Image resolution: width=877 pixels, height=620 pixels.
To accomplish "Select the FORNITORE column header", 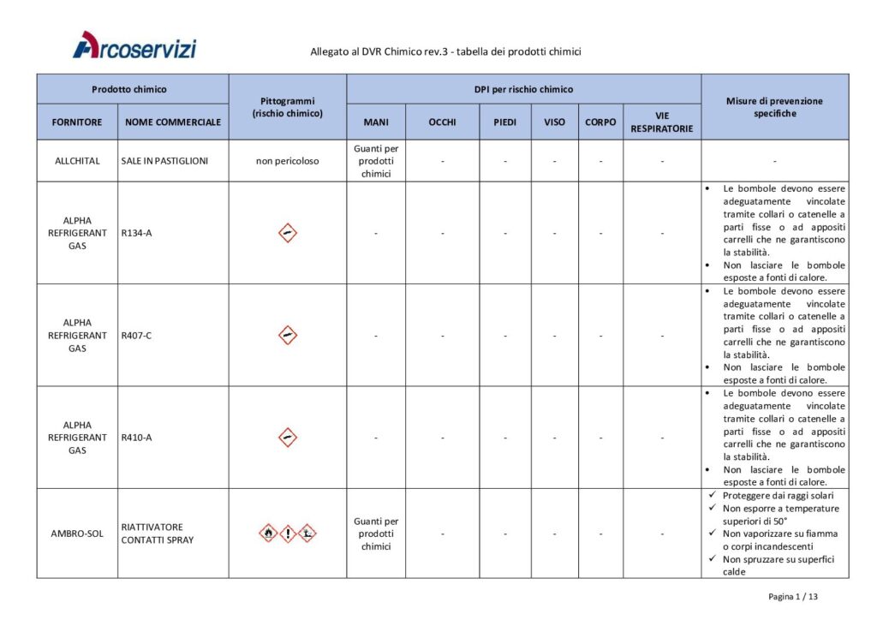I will [77, 122].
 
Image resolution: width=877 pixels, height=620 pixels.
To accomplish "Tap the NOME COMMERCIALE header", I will [173, 122].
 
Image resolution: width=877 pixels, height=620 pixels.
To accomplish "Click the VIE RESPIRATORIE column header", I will [662, 122].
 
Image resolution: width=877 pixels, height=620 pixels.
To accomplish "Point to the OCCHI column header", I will [442, 122].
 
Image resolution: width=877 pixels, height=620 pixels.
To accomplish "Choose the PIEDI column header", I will [504, 122].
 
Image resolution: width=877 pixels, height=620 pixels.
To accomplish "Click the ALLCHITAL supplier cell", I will [77, 161].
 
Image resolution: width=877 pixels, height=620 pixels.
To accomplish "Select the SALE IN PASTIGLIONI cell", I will [164, 161].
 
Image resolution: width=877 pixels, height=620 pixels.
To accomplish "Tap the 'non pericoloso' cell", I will [287, 161].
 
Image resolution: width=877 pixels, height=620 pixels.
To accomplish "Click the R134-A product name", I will [136, 233].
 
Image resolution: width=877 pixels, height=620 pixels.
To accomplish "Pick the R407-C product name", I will [137, 335].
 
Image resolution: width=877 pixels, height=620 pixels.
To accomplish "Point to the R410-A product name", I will [137, 437].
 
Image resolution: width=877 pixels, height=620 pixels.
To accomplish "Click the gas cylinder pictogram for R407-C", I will [288, 335].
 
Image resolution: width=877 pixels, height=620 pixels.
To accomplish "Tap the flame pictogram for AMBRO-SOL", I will [269, 533].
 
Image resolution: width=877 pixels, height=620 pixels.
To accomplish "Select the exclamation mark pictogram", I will [288, 533].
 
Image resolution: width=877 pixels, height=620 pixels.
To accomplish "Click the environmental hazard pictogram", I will [307, 533].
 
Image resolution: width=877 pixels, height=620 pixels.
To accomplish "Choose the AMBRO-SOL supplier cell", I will [77, 534].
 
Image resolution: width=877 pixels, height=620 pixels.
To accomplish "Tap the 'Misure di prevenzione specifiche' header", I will [775, 107].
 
